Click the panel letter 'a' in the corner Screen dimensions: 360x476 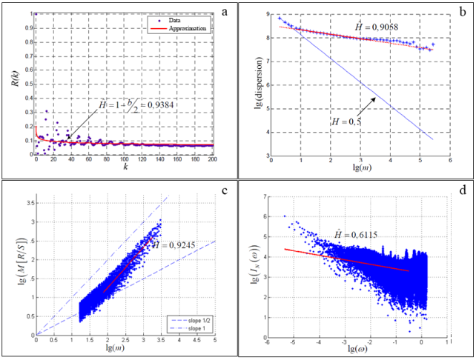coord(223,13)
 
